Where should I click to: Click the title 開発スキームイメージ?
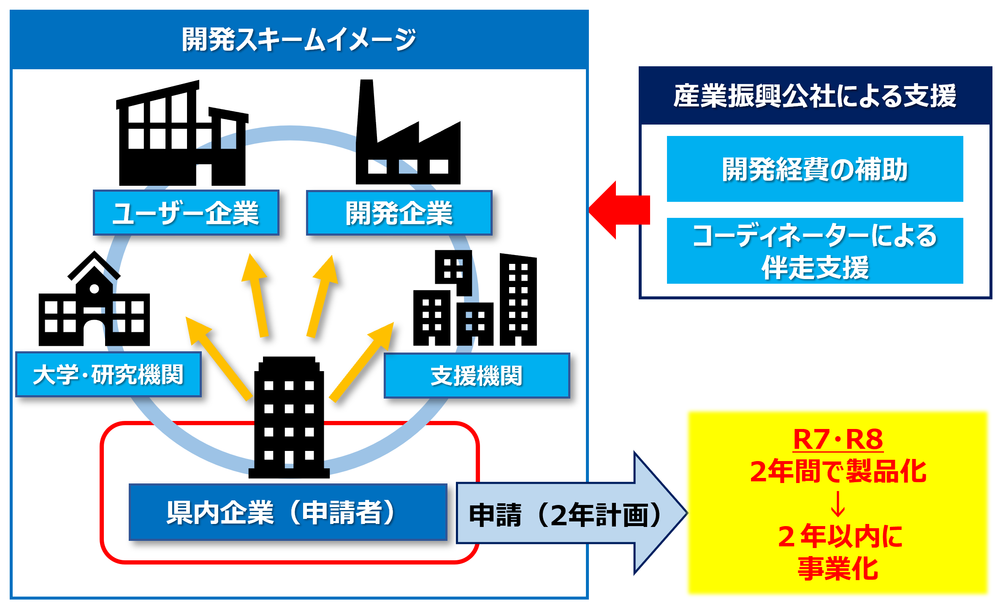tap(299, 40)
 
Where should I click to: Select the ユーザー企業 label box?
tap(186, 212)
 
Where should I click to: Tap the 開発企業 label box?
tap(399, 212)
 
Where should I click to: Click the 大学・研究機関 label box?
tap(108, 375)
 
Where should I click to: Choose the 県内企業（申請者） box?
tap(288, 512)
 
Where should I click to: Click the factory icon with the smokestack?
tap(408, 132)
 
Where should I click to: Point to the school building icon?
tap(94, 299)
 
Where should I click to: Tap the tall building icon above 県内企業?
tap(289, 417)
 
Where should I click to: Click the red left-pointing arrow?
tap(619, 210)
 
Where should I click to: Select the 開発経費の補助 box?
tap(815, 169)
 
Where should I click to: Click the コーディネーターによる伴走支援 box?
tap(815, 251)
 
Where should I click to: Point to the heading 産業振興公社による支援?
tap(815, 95)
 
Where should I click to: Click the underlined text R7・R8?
tap(838, 440)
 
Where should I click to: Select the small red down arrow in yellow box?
tap(838, 504)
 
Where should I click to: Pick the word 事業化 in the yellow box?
tap(838, 568)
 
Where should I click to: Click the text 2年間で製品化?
tap(838, 471)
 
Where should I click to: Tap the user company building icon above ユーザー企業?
tap(182, 133)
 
